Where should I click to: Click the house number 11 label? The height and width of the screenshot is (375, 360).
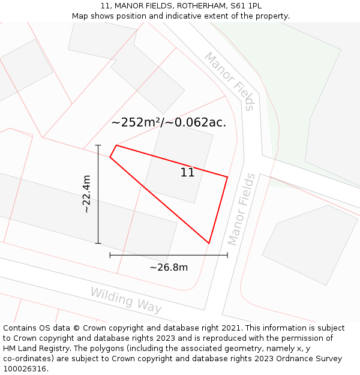click(x=188, y=173)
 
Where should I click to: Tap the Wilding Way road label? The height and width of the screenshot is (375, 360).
click(x=126, y=300)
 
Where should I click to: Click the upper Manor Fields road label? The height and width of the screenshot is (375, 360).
click(x=230, y=81)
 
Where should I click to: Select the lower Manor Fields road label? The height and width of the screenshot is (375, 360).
click(x=241, y=209)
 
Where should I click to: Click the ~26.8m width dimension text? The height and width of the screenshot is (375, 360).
click(x=169, y=268)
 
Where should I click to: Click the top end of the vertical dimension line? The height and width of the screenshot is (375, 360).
click(x=98, y=145)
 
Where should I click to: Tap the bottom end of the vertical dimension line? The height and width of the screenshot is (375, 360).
click(x=98, y=243)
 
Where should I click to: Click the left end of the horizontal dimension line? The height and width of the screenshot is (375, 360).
click(x=110, y=255)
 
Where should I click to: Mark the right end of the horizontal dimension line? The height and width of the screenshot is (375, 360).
click(x=227, y=255)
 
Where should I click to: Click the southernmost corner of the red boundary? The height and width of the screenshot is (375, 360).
click(x=209, y=243)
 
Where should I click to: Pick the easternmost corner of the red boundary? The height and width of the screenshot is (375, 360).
click(x=227, y=176)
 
